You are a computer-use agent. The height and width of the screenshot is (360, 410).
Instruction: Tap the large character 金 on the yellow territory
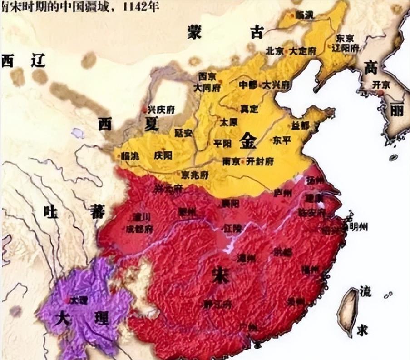(x=248, y=140)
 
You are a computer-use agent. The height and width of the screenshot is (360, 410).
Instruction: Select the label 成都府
(x=139, y=229)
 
